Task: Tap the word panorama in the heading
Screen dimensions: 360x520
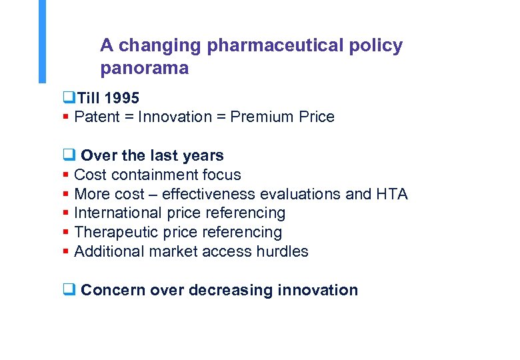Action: [144, 68]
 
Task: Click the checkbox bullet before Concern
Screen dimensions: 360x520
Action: [67, 290]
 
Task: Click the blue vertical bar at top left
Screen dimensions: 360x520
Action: [43, 40]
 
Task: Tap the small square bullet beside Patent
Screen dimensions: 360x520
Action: [65, 117]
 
